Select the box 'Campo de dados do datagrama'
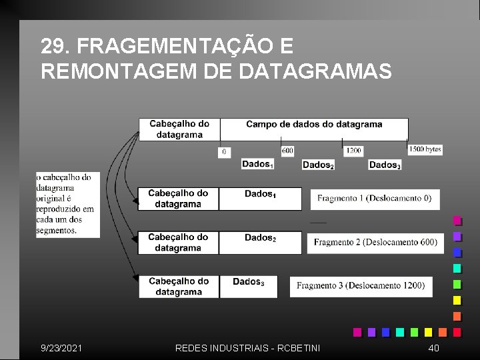pos(314,128)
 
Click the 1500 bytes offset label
pos(425,150)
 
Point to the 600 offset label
pos(287,151)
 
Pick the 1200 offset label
pos(353,151)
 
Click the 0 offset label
pos(224,152)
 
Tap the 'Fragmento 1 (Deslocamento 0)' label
pos(374,199)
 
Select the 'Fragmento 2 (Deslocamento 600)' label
pos(375,243)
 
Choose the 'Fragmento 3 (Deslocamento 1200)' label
pos(361,286)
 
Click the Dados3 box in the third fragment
pos(248,287)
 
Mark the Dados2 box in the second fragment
pos(260,243)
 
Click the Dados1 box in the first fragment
pos(260,199)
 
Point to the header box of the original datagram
pos(179,129)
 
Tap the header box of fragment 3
pos(179,287)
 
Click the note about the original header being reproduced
pos(68,204)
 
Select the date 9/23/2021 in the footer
pos(62,348)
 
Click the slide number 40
pos(433,348)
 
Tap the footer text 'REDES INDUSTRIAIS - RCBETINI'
pos(247,348)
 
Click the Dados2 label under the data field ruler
pos(318,165)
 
